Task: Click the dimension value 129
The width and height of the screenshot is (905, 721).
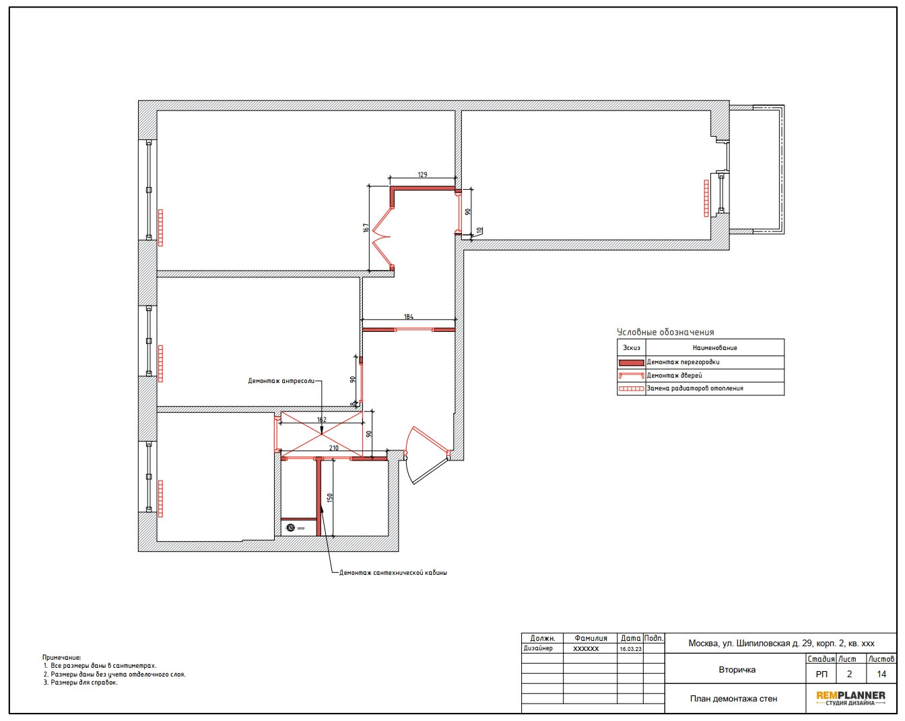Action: pos(422,174)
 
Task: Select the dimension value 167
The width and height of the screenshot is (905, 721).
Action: pos(366,228)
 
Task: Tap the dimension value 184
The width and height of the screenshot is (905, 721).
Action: pos(408,316)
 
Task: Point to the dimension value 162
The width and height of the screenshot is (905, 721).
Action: pos(322,419)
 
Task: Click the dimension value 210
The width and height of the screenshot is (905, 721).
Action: pos(333,448)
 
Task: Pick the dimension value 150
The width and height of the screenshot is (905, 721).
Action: pos(330,497)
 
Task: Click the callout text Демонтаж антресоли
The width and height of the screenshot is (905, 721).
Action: pos(281,381)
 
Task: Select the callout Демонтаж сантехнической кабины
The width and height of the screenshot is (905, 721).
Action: pos(393,573)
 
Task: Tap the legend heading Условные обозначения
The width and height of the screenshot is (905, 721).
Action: pos(665,332)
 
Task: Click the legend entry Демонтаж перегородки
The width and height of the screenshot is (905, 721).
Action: pos(683,362)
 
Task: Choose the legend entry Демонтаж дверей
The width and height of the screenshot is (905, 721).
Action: pos(674,376)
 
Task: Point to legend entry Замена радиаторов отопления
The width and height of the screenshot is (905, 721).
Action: pos(695,388)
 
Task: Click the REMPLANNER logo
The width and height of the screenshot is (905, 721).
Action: pos(850,698)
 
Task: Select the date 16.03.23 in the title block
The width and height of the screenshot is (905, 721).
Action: pos(630,649)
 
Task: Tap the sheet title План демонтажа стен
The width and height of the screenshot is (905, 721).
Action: pos(733,699)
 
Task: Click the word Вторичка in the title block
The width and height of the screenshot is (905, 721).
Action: pos(737,670)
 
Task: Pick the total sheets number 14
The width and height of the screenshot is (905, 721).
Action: pos(881,675)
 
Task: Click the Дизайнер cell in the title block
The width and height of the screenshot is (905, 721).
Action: pos(538,648)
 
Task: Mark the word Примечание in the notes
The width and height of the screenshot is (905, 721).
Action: pos(61,658)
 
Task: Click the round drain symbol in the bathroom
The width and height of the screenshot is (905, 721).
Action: pos(290,528)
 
